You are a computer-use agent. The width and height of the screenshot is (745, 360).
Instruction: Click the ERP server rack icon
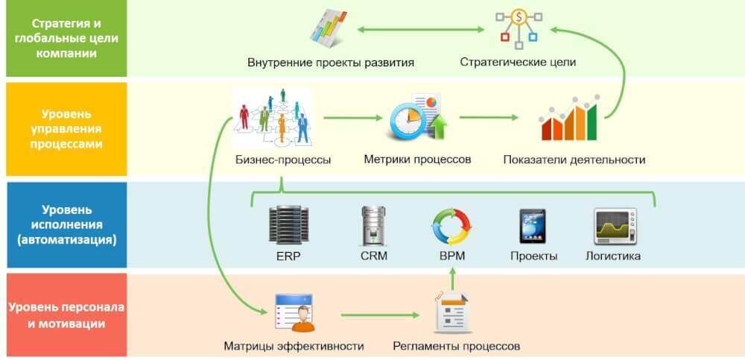(x=289, y=224)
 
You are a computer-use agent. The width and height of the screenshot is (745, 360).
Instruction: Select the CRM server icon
(x=373, y=225)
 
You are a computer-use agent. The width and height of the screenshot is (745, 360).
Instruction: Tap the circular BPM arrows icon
(x=451, y=226)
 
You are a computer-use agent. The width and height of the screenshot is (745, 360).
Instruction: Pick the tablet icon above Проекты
(x=532, y=226)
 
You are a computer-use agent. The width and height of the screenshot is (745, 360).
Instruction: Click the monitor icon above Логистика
(x=615, y=226)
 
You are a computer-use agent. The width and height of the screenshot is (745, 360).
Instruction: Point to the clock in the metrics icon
(x=407, y=121)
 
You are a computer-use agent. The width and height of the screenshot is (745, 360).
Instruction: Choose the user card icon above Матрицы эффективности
(x=295, y=312)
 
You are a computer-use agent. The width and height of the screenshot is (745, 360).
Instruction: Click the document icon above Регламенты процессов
(x=453, y=313)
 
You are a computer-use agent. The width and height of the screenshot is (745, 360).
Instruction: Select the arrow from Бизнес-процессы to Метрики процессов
(x=353, y=118)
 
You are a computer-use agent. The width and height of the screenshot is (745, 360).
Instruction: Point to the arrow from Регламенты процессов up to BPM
(x=452, y=279)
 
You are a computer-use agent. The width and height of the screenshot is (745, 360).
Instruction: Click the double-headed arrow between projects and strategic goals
(x=420, y=30)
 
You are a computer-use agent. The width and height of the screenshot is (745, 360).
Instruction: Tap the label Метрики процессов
(x=417, y=159)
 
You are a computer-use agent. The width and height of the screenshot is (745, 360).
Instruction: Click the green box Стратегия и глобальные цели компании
(x=66, y=39)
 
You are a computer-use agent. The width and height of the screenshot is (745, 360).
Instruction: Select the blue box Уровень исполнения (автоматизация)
(x=66, y=224)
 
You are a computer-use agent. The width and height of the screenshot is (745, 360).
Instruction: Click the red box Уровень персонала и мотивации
(x=66, y=315)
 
